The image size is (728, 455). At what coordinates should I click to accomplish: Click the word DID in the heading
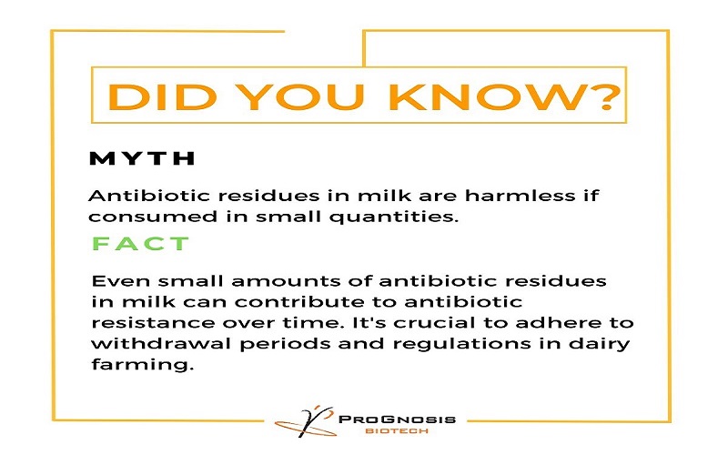[163, 96]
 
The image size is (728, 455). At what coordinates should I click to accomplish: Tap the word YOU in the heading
[303, 96]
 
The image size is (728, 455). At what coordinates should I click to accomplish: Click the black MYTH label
[142, 158]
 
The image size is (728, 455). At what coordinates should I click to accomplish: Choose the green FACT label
[141, 243]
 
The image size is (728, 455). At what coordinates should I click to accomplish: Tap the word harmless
[520, 196]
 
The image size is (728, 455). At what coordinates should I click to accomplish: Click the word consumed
[153, 217]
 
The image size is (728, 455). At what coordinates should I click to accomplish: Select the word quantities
[394, 217]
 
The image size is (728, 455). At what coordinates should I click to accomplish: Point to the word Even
[121, 281]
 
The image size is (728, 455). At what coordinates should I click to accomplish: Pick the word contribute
[316, 302]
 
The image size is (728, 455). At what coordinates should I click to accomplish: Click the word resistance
[153, 323]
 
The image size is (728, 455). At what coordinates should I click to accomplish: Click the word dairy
[600, 344]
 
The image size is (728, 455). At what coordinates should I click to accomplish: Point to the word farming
[142, 365]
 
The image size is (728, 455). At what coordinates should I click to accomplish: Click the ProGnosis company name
[397, 420]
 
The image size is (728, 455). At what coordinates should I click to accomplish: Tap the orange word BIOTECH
[397, 431]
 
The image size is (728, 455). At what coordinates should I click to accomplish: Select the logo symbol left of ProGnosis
[305, 421]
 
